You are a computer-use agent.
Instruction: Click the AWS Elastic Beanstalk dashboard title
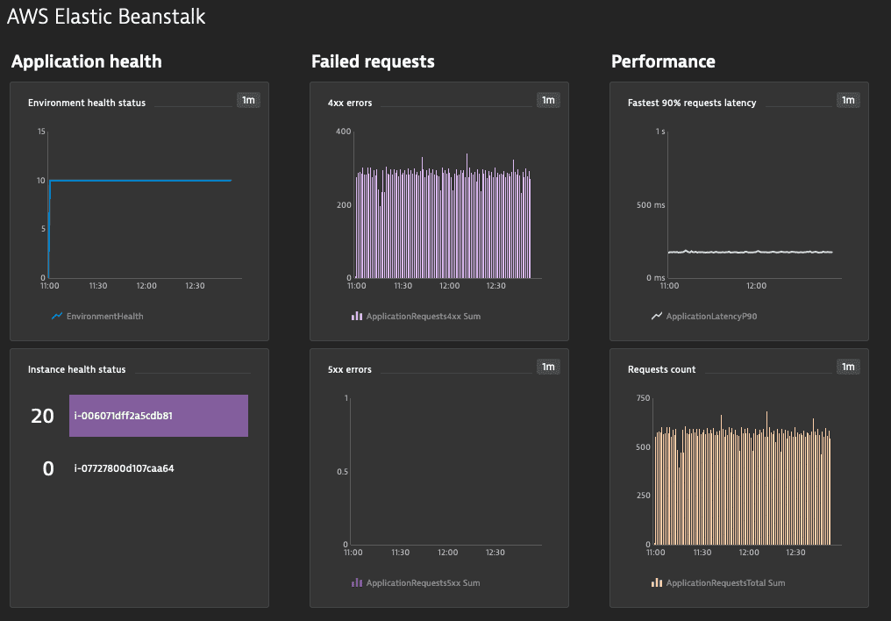[x=106, y=16]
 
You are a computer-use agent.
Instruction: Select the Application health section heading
[x=86, y=61]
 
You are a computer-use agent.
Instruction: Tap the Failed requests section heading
[x=373, y=61]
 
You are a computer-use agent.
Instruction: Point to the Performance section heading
[x=663, y=61]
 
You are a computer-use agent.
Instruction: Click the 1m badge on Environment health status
[x=248, y=101]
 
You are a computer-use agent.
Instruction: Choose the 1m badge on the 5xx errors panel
[x=548, y=367]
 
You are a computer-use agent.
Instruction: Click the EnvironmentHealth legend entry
[x=104, y=316]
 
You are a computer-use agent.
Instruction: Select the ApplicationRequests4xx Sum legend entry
[x=423, y=316]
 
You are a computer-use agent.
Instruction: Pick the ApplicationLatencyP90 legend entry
[x=710, y=316]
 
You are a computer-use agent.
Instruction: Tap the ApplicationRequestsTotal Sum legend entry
[x=725, y=582]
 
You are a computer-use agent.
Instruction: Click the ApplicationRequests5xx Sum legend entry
[x=423, y=582]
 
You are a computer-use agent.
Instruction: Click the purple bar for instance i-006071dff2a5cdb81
[x=159, y=416]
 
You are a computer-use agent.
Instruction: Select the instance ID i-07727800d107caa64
[x=124, y=468]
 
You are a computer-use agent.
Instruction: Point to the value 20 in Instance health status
[x=42, y=417]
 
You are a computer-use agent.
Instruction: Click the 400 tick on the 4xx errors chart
[x=343, y=132]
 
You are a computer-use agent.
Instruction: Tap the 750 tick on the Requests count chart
[x=643, y=398]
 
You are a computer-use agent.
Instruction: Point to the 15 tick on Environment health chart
[x=40, y=132]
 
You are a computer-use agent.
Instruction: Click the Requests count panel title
[x=661, y=369]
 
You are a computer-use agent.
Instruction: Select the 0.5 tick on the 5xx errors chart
[x=341, y=472]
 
